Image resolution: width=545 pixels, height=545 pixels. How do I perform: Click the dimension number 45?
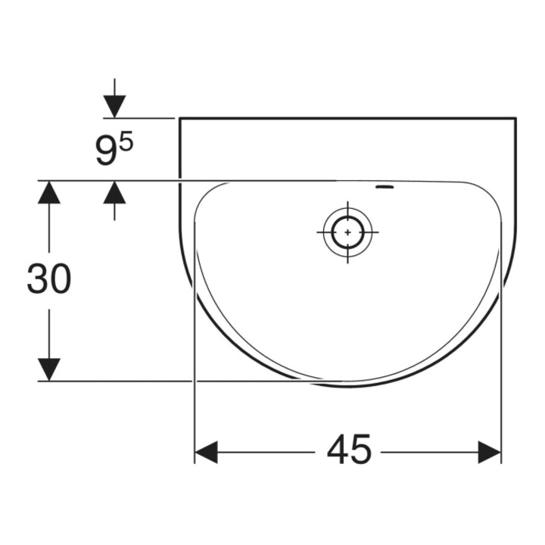tap(349, 449)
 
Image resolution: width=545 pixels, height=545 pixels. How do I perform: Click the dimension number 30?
tap(49, 278)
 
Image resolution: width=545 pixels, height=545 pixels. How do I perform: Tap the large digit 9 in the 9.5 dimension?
tap(105, 151)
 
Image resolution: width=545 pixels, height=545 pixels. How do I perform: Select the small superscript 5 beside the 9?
tap(127, 143)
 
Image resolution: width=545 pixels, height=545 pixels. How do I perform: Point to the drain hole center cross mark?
tap(347, 232)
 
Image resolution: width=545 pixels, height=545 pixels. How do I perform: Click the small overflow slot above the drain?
tap(385, 188)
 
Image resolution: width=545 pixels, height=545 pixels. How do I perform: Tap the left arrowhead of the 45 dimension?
tap(206, 452)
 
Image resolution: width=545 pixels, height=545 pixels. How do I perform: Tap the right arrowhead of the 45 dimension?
tap(490, 452)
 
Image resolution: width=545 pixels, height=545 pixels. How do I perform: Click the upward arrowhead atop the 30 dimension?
tap(49, 192)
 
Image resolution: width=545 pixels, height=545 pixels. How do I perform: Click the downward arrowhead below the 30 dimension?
tap(49, 369)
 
